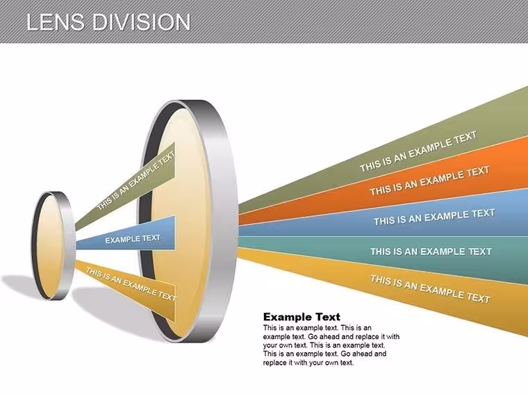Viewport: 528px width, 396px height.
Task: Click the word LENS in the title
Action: pos(55,22)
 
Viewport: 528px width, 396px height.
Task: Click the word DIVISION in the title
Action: pos(142,22)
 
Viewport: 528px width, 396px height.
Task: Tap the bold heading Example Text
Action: pos(302,317)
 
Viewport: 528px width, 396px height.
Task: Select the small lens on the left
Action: pos(53,246)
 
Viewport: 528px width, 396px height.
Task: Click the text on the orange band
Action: pos(429,181)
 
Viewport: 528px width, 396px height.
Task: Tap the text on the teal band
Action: pos(431,251)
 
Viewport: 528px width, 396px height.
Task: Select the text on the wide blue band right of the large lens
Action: pos(434,217)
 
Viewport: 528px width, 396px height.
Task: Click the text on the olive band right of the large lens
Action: pos(418,151)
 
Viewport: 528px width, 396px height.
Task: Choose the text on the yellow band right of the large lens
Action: pos(430,289)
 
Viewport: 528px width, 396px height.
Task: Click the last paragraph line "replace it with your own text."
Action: pos(308,363)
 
